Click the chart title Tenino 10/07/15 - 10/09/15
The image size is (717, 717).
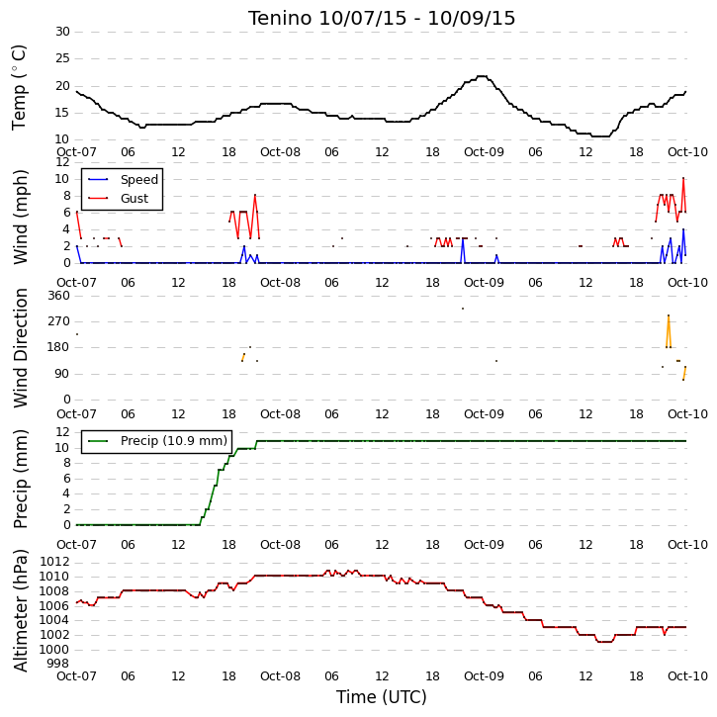[x=382, y=18]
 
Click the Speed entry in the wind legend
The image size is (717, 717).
[x=139, y=180]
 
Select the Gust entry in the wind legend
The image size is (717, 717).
[x=134, y=199]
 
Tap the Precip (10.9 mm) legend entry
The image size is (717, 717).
[x=174, y=441]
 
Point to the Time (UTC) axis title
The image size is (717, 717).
[x=382, y=697]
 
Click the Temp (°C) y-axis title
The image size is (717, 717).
[x=19, y=87]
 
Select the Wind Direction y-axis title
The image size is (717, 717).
[x=20, y=348]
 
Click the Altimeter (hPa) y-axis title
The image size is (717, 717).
[x=20, y=611]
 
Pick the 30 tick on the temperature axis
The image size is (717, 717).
[x=62, y=32]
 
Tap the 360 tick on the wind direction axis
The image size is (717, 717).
[x=59, y=296]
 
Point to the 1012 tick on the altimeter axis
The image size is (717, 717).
[x=54, y=562]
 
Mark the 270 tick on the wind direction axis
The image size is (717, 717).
[x=59, y=321]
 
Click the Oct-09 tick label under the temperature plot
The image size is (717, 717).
[x=484, y=152]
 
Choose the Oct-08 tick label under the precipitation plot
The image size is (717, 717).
[x=280, y=545]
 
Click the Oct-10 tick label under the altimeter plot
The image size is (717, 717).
[x=687, y=675]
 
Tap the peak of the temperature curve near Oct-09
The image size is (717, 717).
[x=482, y=76]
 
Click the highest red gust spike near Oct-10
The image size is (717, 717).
[x=683, y=178]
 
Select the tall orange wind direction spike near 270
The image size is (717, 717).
[x=669, y=315]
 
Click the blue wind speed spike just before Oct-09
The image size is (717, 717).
[x=463, y=239]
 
